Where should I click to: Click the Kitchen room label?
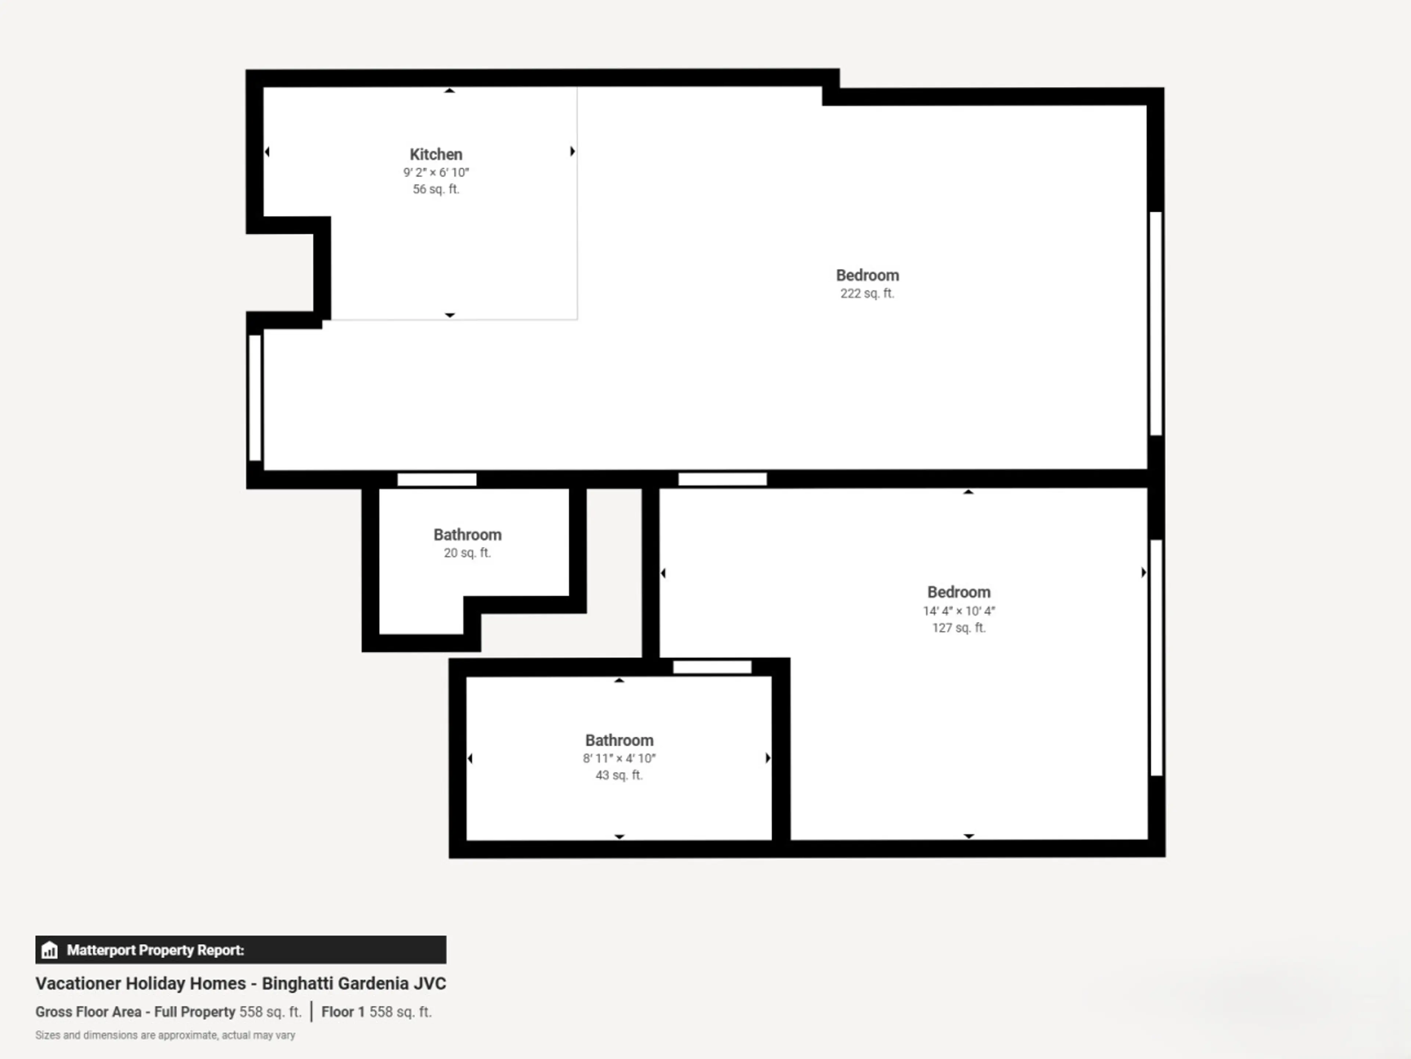click(x=436, y=154)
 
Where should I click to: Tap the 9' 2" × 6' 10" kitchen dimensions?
click(x=436, y=172)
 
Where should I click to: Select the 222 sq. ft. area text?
click(x=867, y=294)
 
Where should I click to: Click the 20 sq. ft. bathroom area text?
click(x=467, y=553)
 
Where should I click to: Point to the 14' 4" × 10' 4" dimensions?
click(x=959, y=611)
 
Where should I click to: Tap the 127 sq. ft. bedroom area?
click(x=959, y=628)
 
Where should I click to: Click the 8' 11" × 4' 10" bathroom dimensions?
click(x=619, y=758)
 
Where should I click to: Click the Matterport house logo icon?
click(x=49, y=950)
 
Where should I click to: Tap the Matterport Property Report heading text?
click(x=155, y=950)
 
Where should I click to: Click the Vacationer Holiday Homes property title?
click(x=240, y=983)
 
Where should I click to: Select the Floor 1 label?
click(x=342, y=1012)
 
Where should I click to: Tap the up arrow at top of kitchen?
click(x=450, y=91)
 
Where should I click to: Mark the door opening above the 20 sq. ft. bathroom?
click(x=437, y=479)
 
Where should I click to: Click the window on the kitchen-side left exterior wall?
click(x=255, y=398)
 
